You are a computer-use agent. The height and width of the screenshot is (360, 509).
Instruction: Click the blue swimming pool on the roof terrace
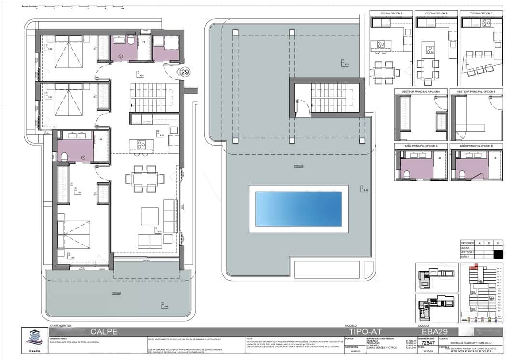(298, 209)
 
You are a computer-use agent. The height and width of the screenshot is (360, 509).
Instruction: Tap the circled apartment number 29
(184, 72)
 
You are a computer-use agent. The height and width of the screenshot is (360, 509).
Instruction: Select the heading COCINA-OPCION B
(436, 13)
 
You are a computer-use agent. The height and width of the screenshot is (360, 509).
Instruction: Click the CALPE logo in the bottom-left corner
(34, 340)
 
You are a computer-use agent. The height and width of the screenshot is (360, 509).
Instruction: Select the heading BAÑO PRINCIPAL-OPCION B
(476, 145)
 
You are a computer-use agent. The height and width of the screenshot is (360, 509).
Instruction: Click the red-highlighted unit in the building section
(477, 265)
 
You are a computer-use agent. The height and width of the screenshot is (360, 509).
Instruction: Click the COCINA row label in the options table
(466, 248)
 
